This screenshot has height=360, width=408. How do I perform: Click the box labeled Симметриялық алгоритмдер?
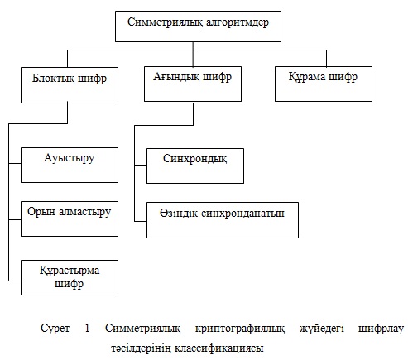198,26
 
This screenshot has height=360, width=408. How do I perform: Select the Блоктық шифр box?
70,85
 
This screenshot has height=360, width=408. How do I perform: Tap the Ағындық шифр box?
193,84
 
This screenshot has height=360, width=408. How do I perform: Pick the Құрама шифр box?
324,84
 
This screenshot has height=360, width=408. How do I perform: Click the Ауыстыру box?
70,165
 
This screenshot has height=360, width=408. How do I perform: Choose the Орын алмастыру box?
70,218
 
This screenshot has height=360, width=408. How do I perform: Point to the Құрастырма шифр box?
70,277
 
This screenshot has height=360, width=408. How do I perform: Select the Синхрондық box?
195,166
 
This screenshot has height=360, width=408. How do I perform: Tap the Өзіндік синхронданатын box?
223,220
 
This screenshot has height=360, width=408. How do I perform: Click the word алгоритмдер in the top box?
238,22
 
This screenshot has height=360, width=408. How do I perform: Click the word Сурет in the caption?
55,329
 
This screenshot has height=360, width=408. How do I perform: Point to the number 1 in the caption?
87,328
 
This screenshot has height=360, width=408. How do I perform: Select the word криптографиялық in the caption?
240,329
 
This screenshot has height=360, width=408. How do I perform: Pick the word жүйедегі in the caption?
322,329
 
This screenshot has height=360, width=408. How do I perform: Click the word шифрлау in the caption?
381,329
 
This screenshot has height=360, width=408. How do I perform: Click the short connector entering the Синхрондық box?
141,166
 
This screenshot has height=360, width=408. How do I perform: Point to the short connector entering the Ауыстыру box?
15,164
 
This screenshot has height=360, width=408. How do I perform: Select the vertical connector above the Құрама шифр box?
326,59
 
